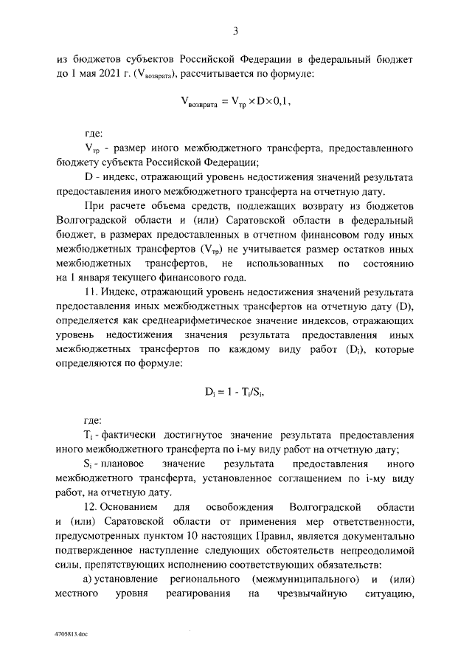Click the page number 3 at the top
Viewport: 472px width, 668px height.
pos(235,30)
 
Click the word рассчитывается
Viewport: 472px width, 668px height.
pos(212,75)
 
